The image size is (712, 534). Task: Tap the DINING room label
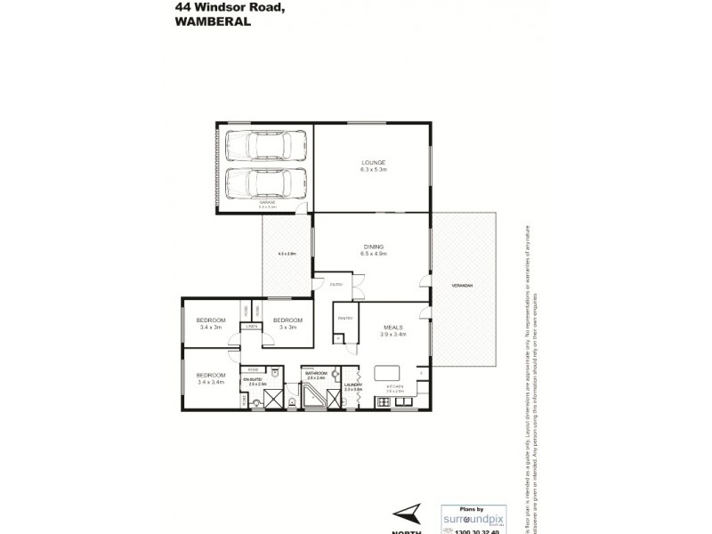[372, 248]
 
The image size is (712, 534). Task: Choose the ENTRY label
[336, 285]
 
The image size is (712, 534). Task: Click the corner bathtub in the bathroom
[314, 399]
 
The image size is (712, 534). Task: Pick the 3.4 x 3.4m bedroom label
[211, 377]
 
